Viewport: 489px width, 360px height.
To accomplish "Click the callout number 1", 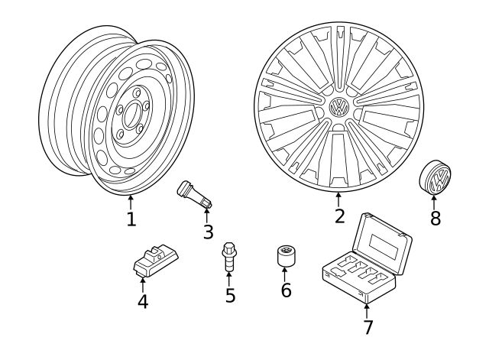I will coord(131,219).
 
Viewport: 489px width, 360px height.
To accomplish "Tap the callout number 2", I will coord(339,216).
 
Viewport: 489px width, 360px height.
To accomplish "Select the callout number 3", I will coord(208,232).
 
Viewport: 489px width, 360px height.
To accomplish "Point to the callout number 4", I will coord(143,301).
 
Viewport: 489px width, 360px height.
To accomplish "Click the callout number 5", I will coord(230,294).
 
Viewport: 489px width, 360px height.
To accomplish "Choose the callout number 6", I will coord(286,290).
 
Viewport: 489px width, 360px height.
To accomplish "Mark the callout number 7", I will coord(368,327).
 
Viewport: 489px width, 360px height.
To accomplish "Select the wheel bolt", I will coord(228,255).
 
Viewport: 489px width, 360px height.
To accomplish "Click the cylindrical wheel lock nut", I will coord(287,257).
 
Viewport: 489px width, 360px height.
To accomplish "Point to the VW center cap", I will coord(436,180).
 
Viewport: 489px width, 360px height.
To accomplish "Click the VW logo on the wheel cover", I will coord(338,109).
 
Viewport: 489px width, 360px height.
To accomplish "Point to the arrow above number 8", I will coord(435,203).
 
